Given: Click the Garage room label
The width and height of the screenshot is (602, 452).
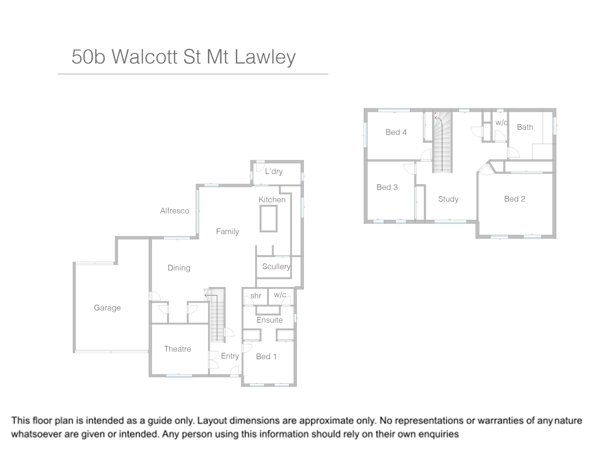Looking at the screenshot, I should [x=107, y=308].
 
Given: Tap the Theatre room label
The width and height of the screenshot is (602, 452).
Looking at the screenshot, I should [x=177, y=349].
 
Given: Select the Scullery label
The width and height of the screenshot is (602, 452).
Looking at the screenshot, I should [x=276, y=267].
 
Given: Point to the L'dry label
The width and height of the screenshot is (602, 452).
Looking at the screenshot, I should [x=274, y=172].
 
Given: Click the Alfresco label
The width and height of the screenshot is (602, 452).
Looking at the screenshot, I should [x=174, y=211].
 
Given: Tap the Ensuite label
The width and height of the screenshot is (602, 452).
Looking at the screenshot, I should [x=269, y=320].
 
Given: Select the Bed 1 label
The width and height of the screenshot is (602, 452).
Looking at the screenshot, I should [x=266, y=357].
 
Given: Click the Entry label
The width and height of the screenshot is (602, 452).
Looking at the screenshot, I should [x=230, y=356].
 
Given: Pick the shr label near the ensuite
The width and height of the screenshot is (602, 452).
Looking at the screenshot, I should [x=256, y=296].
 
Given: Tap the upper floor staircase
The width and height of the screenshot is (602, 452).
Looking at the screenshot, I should [x=442, y=144].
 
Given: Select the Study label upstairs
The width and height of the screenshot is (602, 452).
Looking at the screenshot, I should [x=448, y=199].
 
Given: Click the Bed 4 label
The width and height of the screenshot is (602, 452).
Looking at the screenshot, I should [x=396, y=132].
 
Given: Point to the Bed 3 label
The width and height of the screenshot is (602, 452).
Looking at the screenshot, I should [x=387, y=187].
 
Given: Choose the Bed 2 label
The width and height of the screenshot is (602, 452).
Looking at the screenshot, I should [x=514, y=199].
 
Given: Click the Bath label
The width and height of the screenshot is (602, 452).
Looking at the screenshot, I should [x=525, y=127].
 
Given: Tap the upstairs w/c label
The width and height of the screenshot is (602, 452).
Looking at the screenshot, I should [x=501, y=123].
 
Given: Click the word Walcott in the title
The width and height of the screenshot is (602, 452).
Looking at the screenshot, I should [x=145, y=56].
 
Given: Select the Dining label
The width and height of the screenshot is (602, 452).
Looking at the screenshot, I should [x=179, y=268].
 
